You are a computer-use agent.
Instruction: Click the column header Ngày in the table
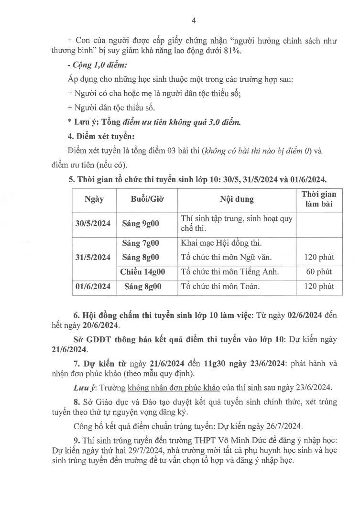94,198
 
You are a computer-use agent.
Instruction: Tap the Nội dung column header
237,198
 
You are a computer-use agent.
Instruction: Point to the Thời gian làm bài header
319,198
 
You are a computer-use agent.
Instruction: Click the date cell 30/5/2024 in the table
93,223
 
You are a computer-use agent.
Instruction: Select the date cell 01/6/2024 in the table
93,286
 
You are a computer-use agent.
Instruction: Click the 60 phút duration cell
319,271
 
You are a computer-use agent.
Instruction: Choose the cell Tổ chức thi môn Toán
220,286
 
